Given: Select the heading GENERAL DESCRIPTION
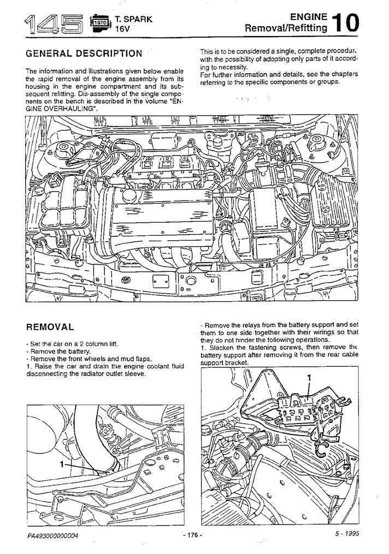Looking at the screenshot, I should tap(84, 53).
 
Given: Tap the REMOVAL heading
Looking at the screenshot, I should tap(50, 327).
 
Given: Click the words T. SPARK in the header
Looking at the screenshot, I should tap(134, 19).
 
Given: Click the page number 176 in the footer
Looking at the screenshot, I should tap(193, 535).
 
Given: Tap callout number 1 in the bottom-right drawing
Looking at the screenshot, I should tap(309, 377).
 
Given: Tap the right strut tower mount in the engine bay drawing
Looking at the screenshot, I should tap(319, 143).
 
